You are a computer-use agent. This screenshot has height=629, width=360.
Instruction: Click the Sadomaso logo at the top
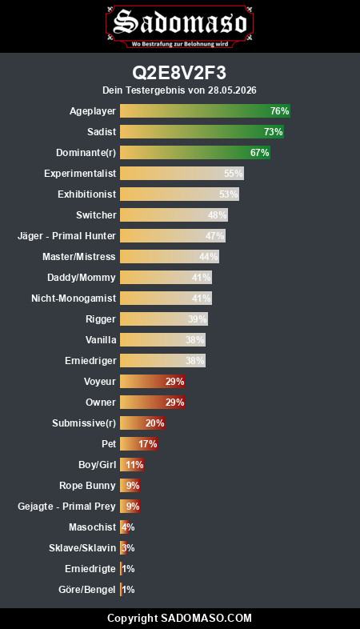coord(179,26)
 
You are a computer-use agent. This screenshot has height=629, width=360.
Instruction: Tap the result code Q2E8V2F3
coord(179,73)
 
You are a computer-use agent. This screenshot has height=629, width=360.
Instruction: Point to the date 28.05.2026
coord(232,90)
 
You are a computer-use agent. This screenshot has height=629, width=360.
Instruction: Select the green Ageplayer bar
coord(206,111)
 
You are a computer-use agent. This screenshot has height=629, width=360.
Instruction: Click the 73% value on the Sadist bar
coord(274,132)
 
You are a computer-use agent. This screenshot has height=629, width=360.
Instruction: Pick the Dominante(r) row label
coord(86,153)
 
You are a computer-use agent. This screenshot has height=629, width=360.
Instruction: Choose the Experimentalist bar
coord(182,174)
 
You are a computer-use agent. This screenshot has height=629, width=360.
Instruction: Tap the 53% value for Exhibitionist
coord(229,194)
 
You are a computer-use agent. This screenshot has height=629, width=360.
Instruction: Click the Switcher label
coord(96,215)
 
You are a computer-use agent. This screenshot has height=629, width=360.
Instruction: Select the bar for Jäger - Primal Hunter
coord(173,236)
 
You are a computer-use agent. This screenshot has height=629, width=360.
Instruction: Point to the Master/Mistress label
coord(79,257)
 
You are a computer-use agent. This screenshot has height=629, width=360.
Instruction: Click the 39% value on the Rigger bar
coord(198,319)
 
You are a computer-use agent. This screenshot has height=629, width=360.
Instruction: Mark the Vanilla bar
coord(162,340)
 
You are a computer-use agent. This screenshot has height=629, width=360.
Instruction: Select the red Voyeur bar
coord(153,382)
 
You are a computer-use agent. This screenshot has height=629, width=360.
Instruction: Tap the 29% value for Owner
coord(174,403)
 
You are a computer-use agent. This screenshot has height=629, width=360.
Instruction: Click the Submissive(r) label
coord(84,423)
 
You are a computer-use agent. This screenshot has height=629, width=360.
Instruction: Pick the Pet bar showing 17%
coord(139,444)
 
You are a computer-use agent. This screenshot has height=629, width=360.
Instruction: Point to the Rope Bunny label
coord(87,486)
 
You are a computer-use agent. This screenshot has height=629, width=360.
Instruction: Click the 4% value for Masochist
coord(128,527)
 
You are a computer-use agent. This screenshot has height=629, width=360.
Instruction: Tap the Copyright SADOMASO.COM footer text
coord(179,618)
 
